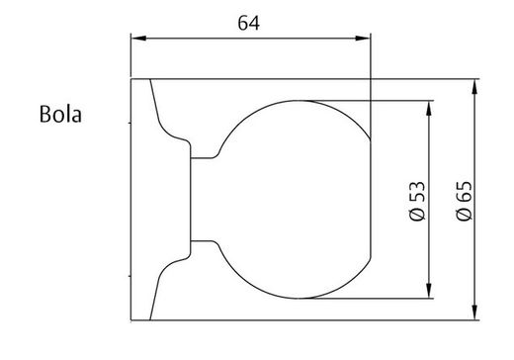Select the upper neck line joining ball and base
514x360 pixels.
click(205, 158)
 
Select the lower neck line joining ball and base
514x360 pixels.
click(205, 240)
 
